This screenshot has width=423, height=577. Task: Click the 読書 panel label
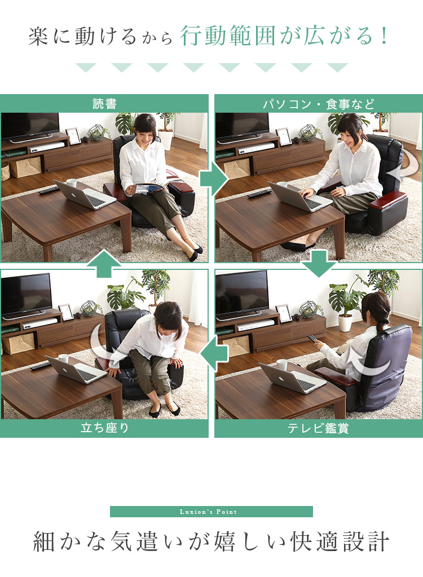(105, 104)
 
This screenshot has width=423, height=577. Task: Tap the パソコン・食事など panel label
(318, 104)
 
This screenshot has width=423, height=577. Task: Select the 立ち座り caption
(105, 428)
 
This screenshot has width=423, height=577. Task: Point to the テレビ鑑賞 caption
(318, 428)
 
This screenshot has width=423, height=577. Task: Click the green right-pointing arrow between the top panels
(214, 179)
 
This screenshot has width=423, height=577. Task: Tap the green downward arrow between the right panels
(319, 264)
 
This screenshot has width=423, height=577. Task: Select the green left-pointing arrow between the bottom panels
(214, 354)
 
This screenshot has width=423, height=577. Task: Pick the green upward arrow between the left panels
(104, 264)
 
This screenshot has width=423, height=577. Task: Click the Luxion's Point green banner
(211, 512)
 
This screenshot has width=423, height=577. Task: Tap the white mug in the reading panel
(72, 183)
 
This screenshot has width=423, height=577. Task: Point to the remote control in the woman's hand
(312, 339)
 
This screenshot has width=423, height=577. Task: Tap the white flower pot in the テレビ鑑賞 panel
(345, 323)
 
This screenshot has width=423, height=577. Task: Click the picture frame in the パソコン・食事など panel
(284, 136)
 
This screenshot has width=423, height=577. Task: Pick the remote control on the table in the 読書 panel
(49, 190)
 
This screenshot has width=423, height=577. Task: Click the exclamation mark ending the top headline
(385, 36)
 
